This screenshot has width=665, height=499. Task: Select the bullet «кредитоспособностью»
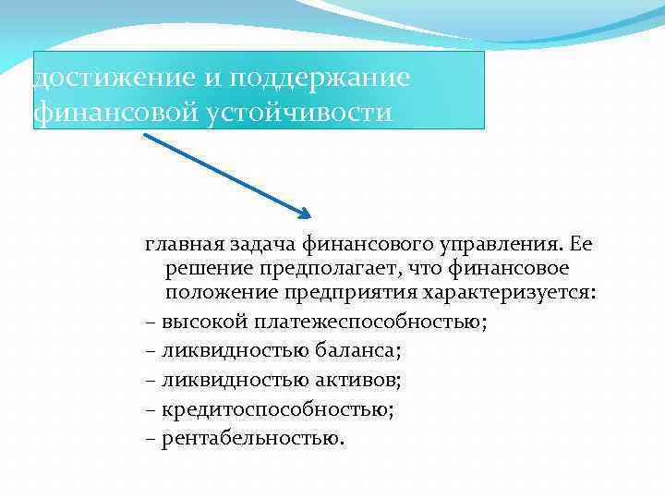[x=277, y=408]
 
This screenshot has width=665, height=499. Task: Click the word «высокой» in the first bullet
[x=195, y=323]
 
